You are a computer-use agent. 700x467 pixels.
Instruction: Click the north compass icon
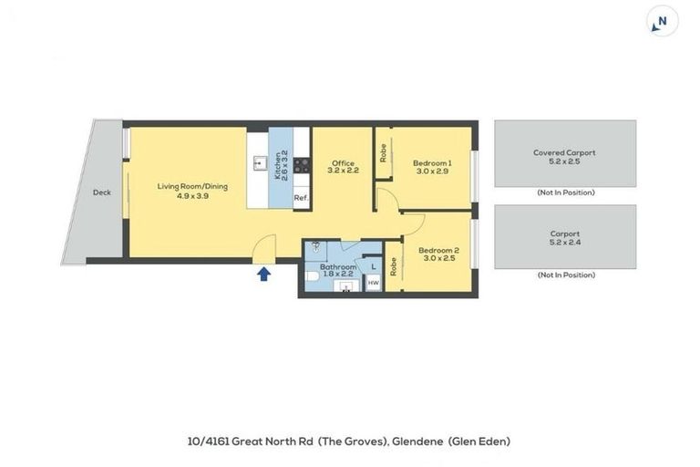[663, 21]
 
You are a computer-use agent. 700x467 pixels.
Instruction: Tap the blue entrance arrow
[263, 274]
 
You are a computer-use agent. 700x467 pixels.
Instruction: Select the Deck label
[102, 192]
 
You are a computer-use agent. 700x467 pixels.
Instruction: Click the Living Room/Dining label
[192, 186]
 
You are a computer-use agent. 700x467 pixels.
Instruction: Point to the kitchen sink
[259, 163]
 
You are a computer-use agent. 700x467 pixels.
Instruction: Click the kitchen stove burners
[302, 165]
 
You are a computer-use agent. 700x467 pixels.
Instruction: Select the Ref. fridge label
[302, 198]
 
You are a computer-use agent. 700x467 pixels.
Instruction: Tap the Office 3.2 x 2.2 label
[343, 167]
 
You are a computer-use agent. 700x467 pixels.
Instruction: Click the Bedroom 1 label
[432, 163]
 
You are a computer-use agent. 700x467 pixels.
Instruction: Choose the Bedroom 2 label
[438, 250]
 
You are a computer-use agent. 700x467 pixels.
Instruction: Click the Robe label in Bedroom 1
[383, 153]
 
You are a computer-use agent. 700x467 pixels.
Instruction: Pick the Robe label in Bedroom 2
[394, 267]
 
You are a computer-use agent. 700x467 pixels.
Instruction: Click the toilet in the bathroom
[312, 277]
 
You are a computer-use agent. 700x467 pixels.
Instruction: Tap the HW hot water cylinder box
[373, 283]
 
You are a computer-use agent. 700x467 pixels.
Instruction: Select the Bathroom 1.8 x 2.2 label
[338, 270]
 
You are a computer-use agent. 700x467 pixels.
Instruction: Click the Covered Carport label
[564, 152]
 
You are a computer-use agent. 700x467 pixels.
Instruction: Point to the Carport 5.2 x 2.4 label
[565, 238]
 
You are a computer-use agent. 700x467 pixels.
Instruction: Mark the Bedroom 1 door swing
[386, 200]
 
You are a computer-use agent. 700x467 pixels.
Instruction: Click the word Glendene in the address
[417, 441]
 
